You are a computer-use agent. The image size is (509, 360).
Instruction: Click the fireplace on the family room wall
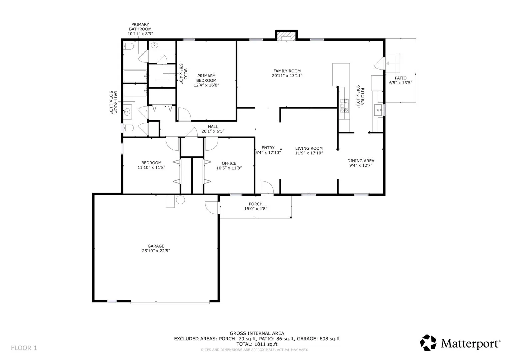coord(286,36)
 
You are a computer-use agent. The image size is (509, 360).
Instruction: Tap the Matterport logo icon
coord(428,343)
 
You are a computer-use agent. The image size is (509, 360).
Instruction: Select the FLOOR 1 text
coord(24,348)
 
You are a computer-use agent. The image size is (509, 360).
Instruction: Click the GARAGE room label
coord(156,246)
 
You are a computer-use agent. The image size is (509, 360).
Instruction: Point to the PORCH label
coord(256,204)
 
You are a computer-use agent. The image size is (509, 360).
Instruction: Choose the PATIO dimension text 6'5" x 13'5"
coord(401,83)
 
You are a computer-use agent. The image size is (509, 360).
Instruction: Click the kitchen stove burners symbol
coord(344,106)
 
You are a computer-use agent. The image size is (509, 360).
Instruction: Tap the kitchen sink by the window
coord(378,110)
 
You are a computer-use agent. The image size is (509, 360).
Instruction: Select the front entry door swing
coord(267,188)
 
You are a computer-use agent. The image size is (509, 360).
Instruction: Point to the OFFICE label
coord(229,163)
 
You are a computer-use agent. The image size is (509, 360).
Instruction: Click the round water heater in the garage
coord(180,200)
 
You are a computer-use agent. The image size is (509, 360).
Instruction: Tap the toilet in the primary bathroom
coord(128,46)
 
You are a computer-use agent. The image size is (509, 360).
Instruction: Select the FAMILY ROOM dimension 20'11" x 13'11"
coord(287,76)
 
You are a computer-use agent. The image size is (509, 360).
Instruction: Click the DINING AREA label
coord(361,161)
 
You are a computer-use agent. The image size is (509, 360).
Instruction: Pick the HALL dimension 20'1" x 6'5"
coord(213,131)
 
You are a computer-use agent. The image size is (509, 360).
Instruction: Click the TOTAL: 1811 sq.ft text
coord(257,344)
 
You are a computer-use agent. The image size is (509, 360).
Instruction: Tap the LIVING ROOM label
coord(309,148)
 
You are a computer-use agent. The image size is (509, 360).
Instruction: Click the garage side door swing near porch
coord(212,208)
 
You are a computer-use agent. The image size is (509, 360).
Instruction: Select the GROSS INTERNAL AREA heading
coord(257,333)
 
